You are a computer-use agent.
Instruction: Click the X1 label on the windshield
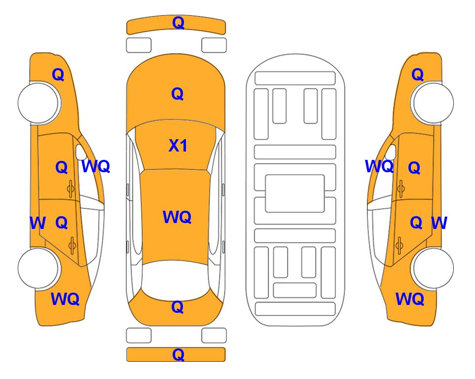point(178,146)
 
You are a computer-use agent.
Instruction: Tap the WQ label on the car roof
point(177,217)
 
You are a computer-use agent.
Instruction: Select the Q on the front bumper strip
point(178,22)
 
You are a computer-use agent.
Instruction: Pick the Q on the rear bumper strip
point(178,354)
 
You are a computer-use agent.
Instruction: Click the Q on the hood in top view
point(177,94)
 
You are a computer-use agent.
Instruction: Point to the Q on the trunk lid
point(177,307)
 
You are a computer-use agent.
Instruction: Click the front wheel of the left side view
point(38,103)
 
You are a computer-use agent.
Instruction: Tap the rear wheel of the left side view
point(38,268)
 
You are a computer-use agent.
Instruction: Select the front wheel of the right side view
point(433,103)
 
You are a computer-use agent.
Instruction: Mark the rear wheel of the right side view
point(433,268)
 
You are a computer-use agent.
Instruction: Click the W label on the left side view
point(37,223)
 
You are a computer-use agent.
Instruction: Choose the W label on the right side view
point(438,223)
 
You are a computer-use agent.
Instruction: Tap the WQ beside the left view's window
point(95,167)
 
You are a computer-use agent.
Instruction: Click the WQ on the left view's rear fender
point(65,299)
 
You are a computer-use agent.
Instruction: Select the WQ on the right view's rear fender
point(409,299)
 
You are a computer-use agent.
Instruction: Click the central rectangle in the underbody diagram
point(295,193)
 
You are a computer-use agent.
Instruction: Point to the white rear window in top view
point(176,280)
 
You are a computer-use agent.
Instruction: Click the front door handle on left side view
point(71,188)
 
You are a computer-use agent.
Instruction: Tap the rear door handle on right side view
point(400,244)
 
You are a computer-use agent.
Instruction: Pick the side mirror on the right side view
point(391,152)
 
